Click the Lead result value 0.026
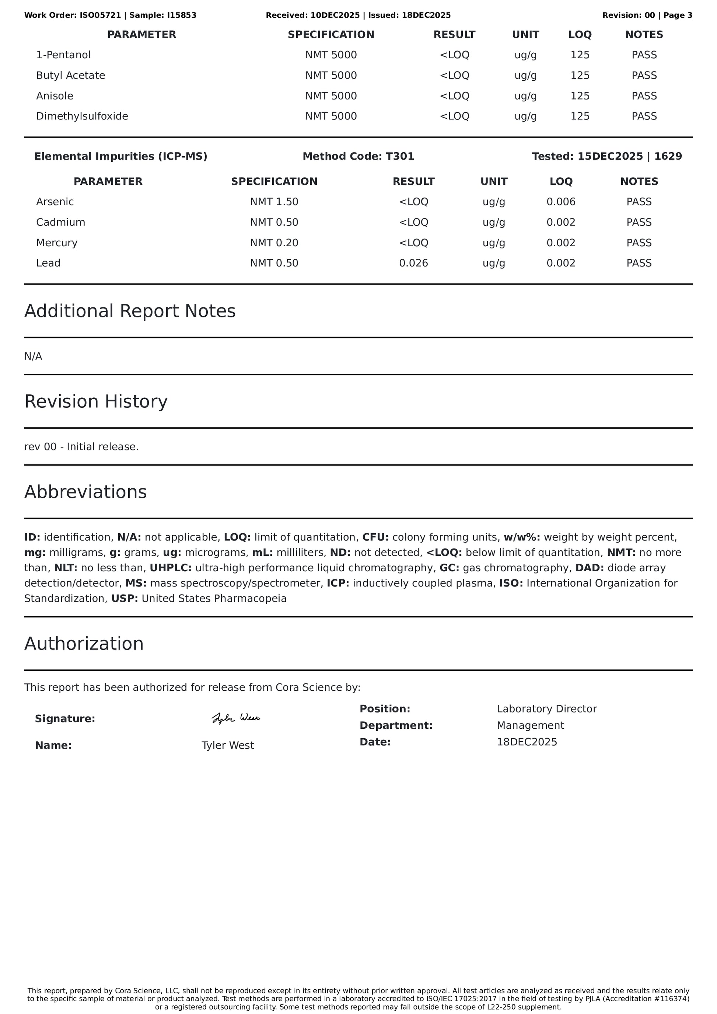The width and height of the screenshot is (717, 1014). [413, 263]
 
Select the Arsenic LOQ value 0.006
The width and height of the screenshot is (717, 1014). [561, 202]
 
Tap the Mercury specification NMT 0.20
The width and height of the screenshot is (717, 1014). [274, 243]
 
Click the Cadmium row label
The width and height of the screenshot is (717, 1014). [60, 222]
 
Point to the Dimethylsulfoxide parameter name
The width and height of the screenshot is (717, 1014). [82, 116]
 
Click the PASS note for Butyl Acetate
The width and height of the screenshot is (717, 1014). [644, 76]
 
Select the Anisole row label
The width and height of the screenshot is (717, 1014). [55, 96]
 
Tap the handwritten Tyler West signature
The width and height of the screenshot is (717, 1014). [236, 718]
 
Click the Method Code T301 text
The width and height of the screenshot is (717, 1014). [358, 156]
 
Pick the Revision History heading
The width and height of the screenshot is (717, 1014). [96, 401]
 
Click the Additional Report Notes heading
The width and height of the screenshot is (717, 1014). [130, 311]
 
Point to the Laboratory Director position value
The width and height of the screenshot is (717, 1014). [546, 709]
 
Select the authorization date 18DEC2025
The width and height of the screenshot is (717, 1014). [527, 742]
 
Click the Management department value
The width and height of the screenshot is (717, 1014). [530, 726]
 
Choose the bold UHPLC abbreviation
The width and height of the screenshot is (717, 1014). [171, 568]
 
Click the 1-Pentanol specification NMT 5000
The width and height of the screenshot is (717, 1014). [331, 55]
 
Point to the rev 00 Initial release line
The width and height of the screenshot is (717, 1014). [81, 447]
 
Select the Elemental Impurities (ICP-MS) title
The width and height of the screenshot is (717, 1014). [120, 156]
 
